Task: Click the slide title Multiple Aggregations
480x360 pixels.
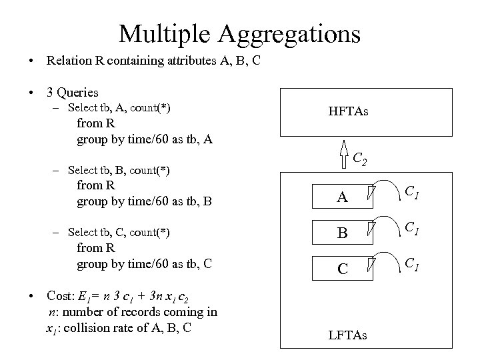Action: click(x=239, y=32)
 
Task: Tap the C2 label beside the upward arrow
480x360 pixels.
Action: click(x=361, y=159)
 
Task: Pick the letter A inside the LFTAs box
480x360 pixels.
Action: click(x=341, y=197)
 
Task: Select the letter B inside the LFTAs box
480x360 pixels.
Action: click(x=341, y=233)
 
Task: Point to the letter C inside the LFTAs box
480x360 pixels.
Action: click(x=341, y=269)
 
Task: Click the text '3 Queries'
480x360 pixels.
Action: click(x=73, y=93)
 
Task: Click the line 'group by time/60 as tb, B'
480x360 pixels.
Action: click(x=144, y=199)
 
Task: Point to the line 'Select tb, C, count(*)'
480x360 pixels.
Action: click(x=119, y=232)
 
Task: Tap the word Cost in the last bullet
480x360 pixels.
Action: click(x=59, y=295)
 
